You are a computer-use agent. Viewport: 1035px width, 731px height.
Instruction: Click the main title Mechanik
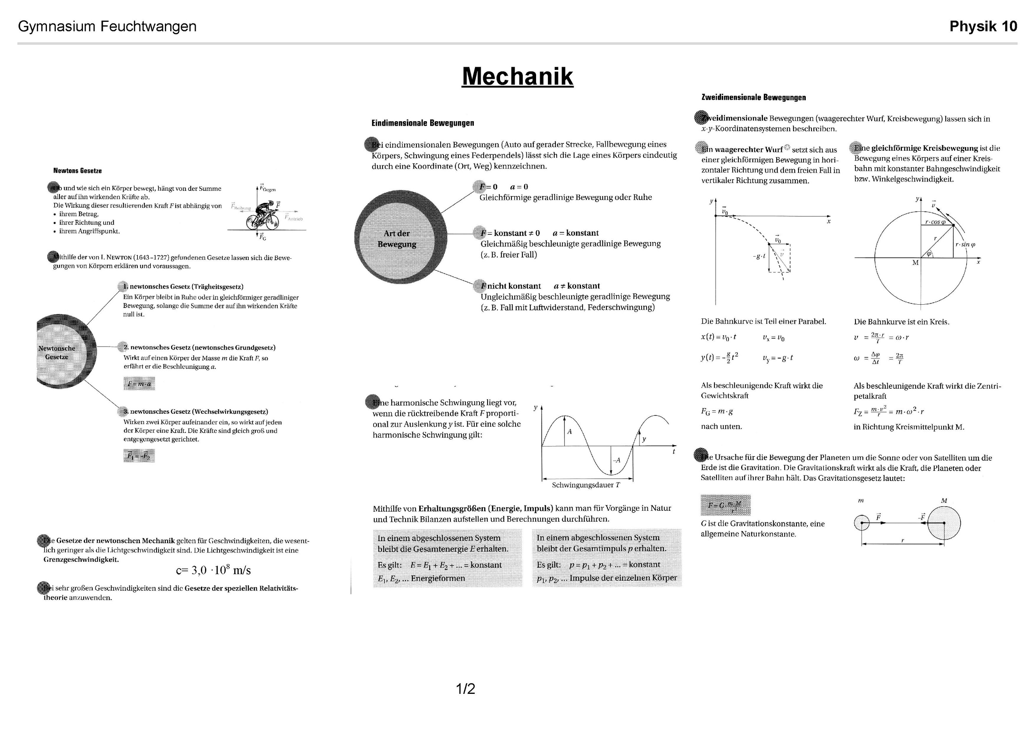(517, 76)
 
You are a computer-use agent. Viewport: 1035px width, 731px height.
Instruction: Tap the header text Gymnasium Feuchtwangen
(107, 27)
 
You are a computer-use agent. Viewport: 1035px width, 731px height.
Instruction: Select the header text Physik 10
(983, 27)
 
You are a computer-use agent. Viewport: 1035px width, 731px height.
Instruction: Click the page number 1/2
(465, 689)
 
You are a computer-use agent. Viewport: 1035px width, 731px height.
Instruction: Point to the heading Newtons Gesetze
(78, 171)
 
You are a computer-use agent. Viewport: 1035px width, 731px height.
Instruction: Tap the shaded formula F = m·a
(139, 384)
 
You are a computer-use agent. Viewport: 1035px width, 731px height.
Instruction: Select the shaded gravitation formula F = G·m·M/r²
(725, 505)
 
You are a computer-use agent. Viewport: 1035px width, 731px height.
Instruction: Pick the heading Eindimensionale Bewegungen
(422, 123)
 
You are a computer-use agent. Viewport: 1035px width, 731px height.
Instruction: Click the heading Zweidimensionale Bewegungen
(754, 97)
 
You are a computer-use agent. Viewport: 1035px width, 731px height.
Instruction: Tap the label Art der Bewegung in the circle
(397, 239)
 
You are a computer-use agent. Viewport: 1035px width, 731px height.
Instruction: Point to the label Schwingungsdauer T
(586, 485)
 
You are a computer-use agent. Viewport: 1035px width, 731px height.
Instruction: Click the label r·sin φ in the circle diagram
(965, 245)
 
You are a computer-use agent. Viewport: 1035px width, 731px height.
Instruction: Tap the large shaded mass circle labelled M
(944, 523)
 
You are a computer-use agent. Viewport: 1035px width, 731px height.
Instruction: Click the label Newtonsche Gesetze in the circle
(57, 352)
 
